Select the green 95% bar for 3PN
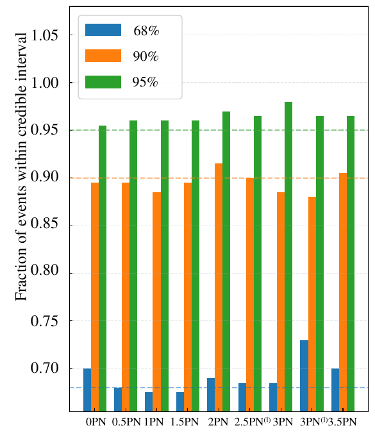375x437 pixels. click(x=288, y=256)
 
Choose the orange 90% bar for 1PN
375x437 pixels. click(x=156, y=301)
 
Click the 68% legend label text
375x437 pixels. click(x=146, y=30)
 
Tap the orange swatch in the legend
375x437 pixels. click(x=103, y=56)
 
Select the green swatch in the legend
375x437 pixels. click(x=103, y=81)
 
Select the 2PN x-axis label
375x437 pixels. click(x=219, y=422)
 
